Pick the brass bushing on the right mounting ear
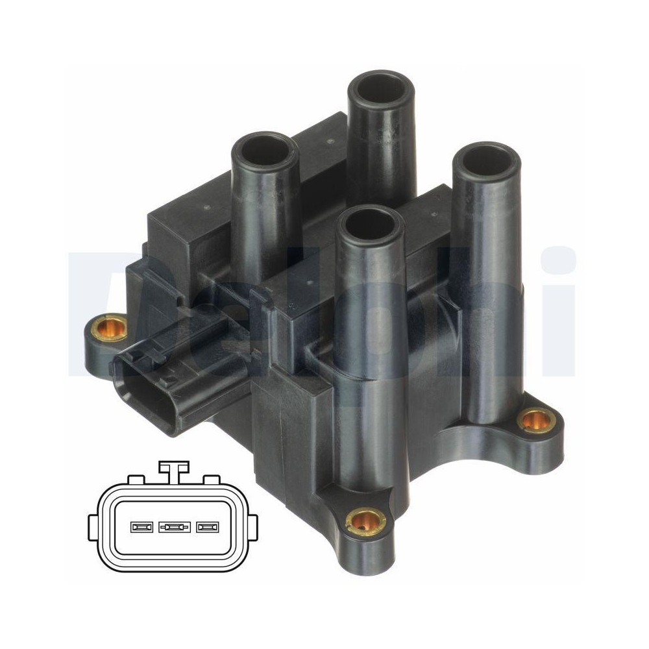(x=535, y=421)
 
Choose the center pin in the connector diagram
(x=174, y=527)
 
